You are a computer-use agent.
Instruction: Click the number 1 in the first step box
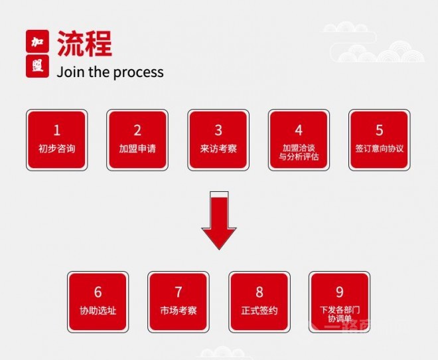point(57,130)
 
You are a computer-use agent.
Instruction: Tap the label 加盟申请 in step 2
point(137,148)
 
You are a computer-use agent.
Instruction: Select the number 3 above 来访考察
point(218,130)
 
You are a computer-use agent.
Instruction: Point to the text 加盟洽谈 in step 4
point(299,148)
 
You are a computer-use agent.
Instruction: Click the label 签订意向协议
point(380,148)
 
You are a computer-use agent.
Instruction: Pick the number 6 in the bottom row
point(98,292)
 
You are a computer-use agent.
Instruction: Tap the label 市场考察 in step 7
point(179,310)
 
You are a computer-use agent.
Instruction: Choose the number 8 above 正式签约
point(259,292)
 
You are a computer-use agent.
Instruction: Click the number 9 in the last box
point(339,292)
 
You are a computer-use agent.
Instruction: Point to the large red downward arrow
point(219,221)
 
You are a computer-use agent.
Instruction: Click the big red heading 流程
point(85,44)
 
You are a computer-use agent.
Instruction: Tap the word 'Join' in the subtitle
point(70,72)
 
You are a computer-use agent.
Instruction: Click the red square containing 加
point(37,41)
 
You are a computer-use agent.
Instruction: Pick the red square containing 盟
point(37,66)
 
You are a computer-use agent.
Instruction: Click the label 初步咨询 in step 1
point(57,148)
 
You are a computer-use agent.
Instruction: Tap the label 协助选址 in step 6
point(98,310)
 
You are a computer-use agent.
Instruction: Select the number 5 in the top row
point(380,130)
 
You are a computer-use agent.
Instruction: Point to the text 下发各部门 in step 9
point(340,310)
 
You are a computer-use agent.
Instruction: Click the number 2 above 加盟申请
point(137,130)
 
